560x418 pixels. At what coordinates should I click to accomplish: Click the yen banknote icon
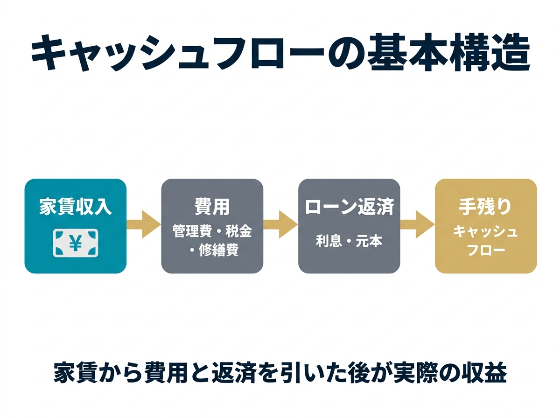click(75, 243)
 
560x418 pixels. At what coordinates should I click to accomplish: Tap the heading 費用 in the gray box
click(212, 207)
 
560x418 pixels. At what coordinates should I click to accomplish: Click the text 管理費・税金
click(212, 231)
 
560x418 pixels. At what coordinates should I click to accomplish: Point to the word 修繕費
click(219, 250)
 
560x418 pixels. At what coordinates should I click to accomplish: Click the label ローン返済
click(349, 207)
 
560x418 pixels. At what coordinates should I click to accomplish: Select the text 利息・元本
click(349, 241)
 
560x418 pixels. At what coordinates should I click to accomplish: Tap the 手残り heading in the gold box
click(485, 207)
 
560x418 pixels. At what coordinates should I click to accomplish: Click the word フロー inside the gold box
click(485, 250)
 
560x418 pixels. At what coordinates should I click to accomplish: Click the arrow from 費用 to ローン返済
click(280, 226)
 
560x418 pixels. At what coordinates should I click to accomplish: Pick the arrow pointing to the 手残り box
click(417, 226)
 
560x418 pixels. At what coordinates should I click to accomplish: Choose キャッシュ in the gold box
click(485, 231)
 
